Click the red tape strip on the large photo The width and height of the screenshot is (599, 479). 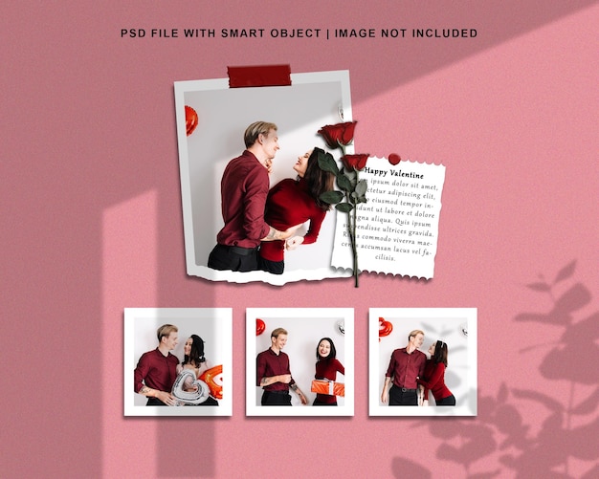258,76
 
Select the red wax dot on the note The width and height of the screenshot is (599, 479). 393,159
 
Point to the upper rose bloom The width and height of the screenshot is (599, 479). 338,133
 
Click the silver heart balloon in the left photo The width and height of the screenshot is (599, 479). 189,385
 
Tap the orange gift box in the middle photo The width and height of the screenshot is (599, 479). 327,387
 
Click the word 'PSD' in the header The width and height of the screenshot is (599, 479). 133,33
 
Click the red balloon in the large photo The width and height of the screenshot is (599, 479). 191,120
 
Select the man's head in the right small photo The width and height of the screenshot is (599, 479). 415,339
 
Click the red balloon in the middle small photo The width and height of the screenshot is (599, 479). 259,326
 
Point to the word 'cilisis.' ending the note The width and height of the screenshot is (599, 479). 385,257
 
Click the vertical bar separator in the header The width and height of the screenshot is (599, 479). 325,33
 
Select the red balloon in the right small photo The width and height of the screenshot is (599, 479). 385,328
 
